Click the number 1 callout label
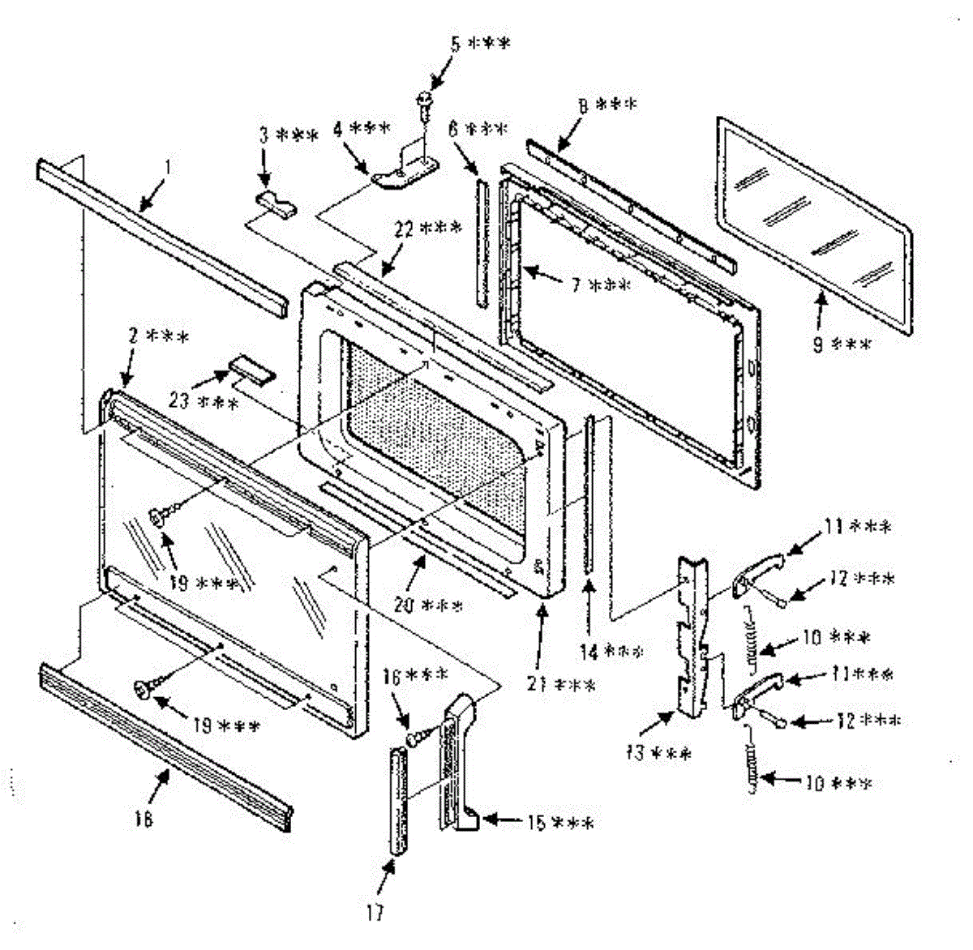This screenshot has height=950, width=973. (x=167, y=168)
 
